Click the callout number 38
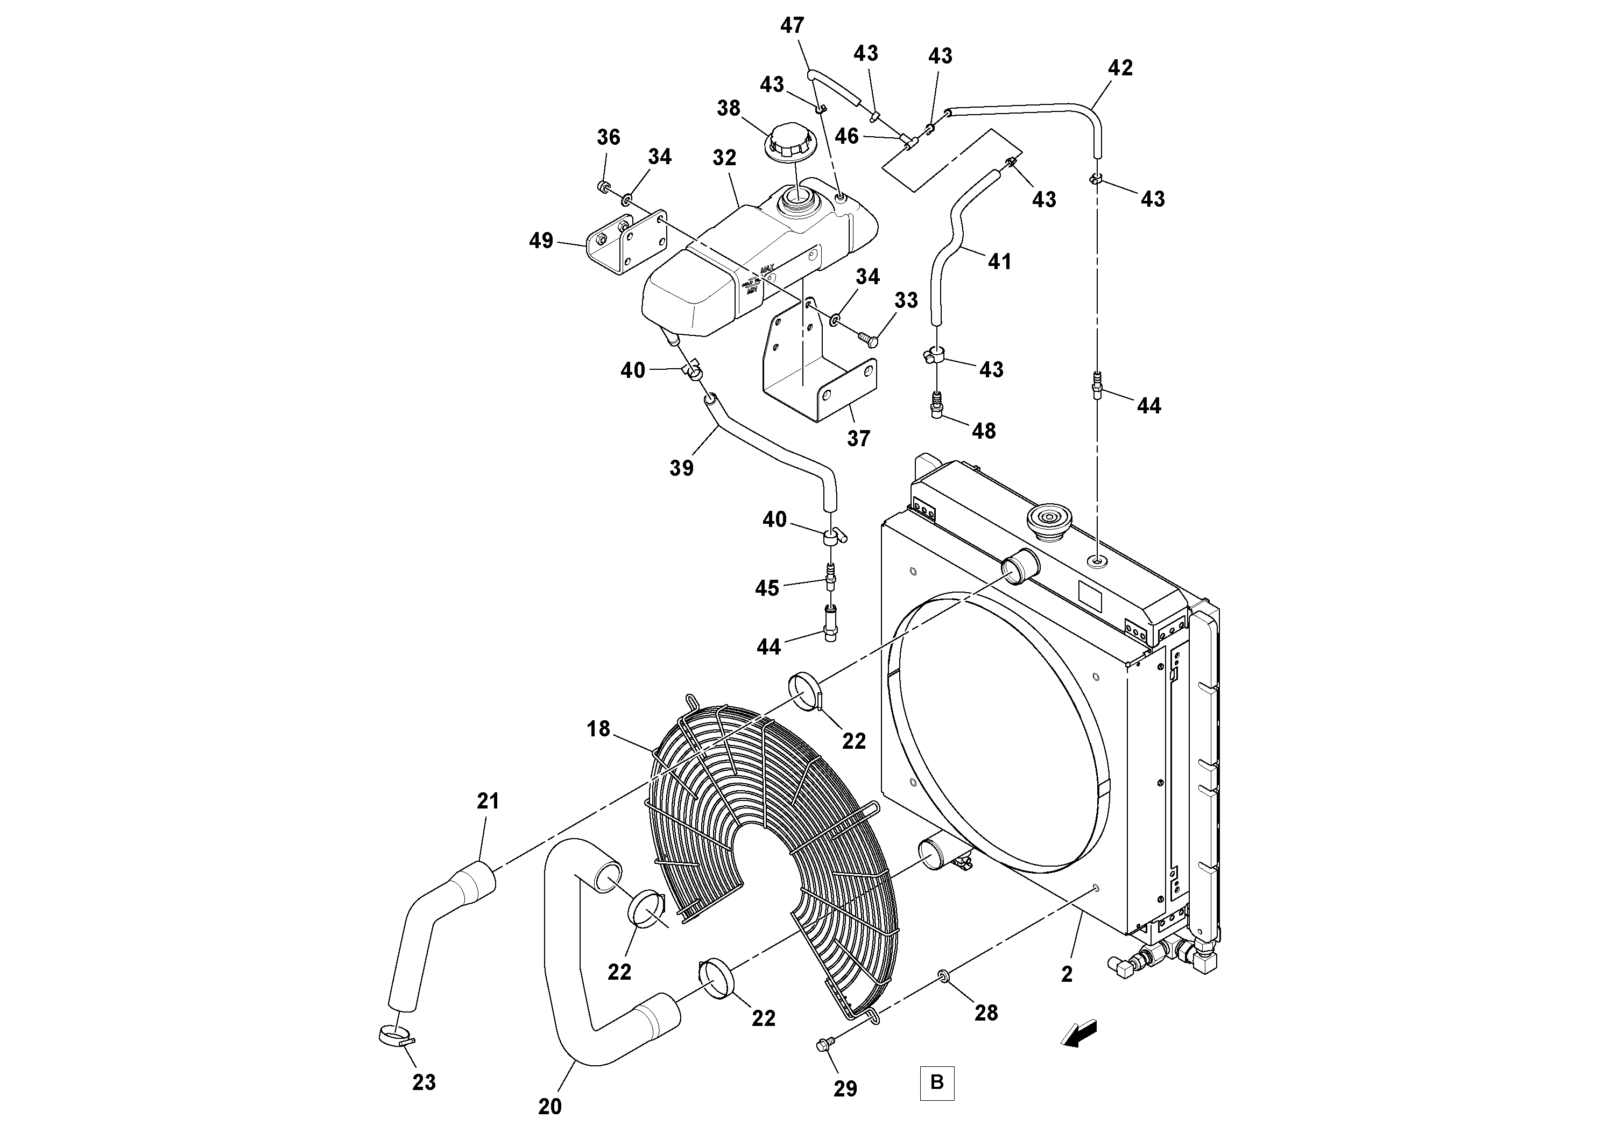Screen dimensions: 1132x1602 729,108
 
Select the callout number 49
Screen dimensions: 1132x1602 541,241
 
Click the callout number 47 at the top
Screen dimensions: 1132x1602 792,26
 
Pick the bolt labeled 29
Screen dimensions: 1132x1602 823,1064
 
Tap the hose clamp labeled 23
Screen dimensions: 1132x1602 394,1035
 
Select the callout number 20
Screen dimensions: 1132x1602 550,1107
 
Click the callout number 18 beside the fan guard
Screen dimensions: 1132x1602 598,729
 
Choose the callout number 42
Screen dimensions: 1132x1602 1120,68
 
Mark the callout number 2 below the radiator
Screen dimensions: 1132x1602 1067,975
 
